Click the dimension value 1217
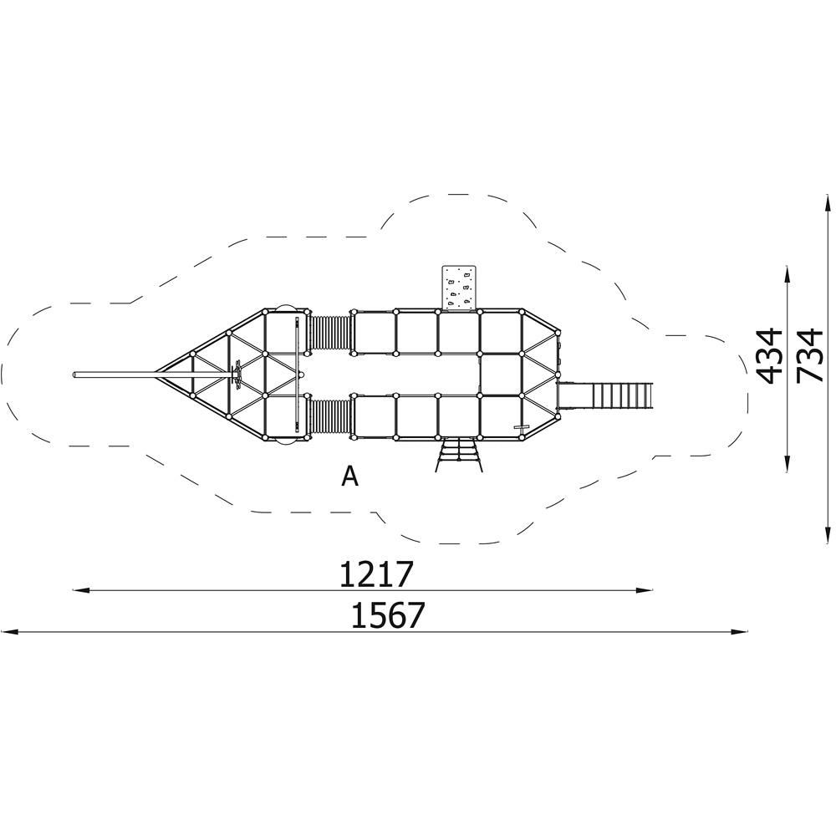coord(376,573)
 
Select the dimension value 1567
coord(388,615)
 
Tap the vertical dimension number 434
coord(770,357)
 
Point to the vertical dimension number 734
coord(809,357)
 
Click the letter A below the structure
coord(349,477)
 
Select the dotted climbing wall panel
coord(459,288)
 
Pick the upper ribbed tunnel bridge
coord(330,333)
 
